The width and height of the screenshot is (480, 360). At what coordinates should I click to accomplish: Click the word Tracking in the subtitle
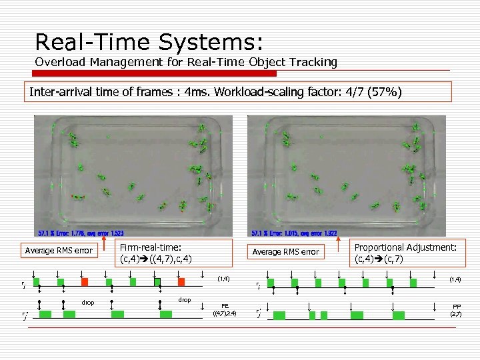tap(313, 62)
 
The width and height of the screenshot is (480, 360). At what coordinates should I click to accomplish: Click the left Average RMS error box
tap(59, 251)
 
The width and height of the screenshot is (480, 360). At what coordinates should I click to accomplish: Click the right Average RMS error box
tap(285, 251)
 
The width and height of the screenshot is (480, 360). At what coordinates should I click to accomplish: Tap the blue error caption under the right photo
tap(293, 233)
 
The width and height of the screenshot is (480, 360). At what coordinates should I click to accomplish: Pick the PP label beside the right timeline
tap(456, 306)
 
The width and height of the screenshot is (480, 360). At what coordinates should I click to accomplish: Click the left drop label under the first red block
tap(87, 303)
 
